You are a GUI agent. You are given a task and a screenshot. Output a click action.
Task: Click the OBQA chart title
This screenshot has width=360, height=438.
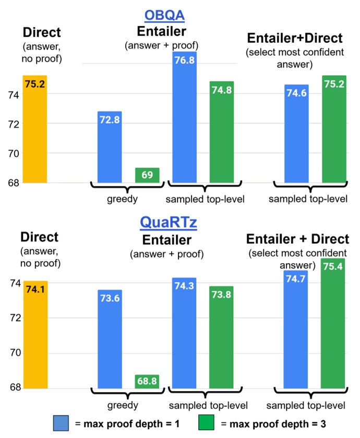165,15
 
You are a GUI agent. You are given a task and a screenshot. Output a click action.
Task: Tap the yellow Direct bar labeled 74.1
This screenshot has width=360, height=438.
34,334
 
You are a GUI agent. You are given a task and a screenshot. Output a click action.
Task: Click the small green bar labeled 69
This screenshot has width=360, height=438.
147,175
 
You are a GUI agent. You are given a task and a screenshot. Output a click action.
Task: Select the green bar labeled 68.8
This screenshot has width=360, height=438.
147,382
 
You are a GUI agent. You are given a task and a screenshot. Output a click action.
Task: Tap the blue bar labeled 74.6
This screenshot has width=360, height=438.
296,134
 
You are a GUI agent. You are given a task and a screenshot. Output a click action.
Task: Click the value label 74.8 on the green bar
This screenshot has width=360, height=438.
221,90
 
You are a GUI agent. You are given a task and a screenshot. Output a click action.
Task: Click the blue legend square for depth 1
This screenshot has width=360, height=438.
61,422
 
